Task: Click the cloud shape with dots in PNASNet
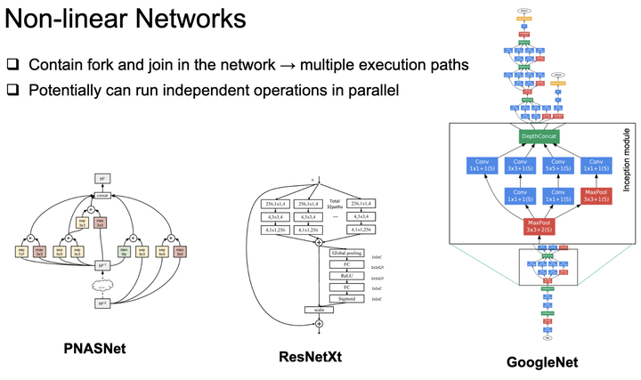104,285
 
